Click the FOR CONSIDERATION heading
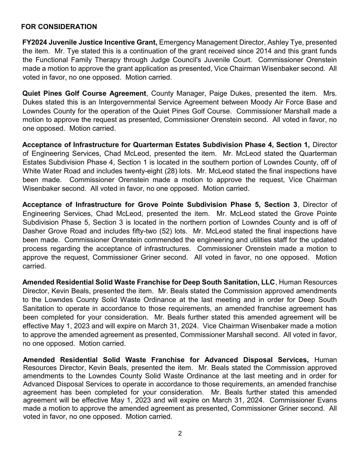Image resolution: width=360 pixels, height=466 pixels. (59, 27)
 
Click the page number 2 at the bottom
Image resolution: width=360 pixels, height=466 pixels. (180, 433)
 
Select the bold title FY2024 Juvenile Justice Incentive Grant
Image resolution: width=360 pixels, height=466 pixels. (90, 42)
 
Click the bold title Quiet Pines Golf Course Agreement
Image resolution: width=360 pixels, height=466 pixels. (84, 93)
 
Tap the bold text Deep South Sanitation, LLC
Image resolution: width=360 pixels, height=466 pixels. (229, 282)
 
